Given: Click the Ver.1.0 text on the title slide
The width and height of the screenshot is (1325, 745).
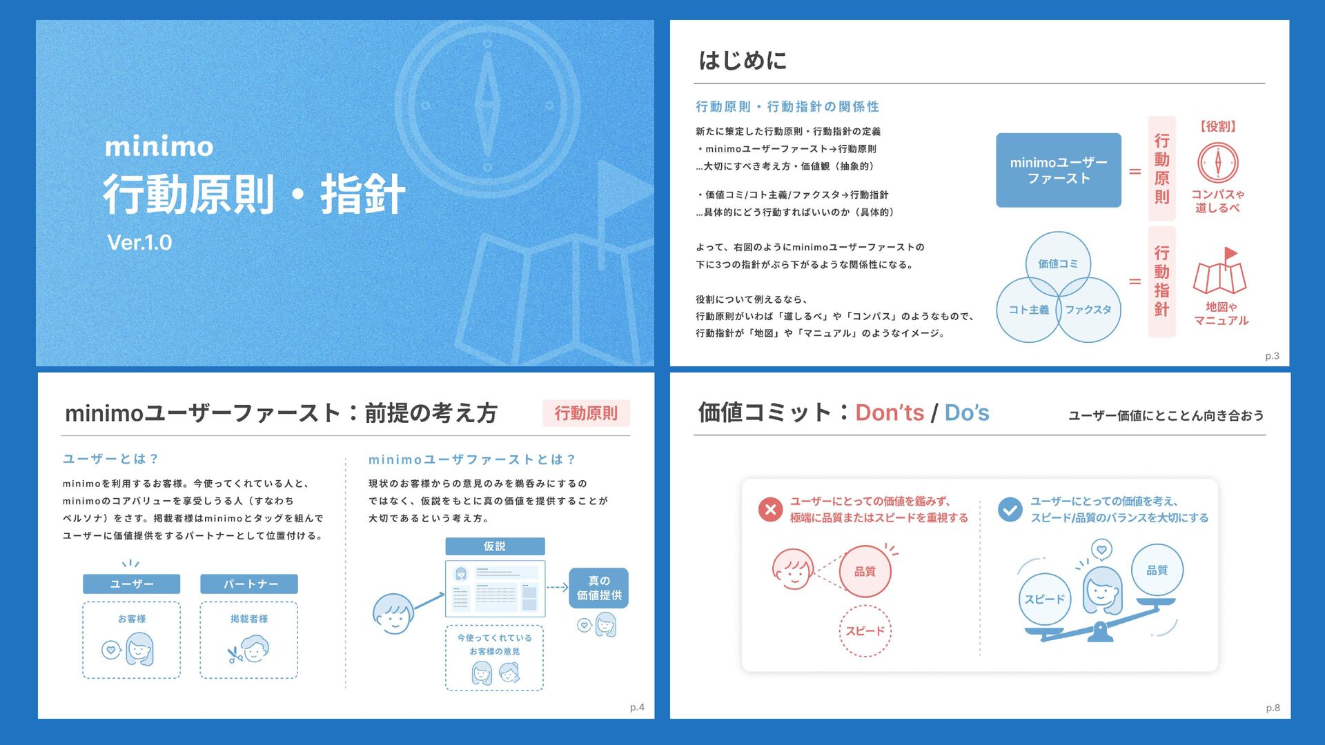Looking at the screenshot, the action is click(139, 243).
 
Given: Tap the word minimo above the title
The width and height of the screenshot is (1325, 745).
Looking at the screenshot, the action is click(159, 146).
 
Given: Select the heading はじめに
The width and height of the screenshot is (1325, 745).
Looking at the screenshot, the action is click(743, 60).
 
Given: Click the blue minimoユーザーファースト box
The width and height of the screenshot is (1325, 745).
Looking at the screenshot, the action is click(1058, 170).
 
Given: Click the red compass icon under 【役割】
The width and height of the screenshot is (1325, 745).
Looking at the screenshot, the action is click(1217, 163).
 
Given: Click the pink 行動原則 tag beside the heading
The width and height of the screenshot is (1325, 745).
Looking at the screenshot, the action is click(586, 413).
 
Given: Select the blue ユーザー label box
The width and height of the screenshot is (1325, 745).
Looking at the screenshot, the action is click(131, 584).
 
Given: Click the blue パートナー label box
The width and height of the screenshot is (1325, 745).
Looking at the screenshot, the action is click(249, 584).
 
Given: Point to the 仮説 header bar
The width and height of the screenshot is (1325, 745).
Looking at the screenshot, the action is click(495, 546).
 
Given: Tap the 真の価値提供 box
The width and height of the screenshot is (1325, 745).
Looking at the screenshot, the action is click(598, 588).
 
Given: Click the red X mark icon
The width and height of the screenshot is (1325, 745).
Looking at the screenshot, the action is click(770, 510).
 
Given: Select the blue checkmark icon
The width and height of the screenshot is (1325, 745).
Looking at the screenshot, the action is click(1010, 510).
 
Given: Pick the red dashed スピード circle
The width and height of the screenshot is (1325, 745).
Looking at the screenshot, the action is click(865, 630).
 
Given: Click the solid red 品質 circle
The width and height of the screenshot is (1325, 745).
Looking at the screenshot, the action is click(865, 571).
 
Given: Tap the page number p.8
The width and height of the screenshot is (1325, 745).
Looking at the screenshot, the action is click(1273, 708).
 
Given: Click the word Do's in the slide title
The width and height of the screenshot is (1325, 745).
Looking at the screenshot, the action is click(966, 413).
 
